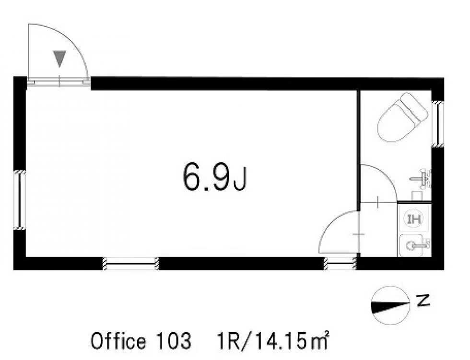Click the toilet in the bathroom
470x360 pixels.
coord(402,117)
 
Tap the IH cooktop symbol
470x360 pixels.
coord(414,219)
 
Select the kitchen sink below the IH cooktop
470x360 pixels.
coord(415,245)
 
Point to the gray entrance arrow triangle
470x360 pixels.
coord(59,59)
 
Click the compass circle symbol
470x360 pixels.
coord(390,305)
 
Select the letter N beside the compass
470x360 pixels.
coord(423,300)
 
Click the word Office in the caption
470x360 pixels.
coord(118,340)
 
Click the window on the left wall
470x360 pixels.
coord(20,200)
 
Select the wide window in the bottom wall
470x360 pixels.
coord(130,264)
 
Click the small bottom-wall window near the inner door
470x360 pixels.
coord(340,264)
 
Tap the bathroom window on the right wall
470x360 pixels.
coord(437,124)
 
